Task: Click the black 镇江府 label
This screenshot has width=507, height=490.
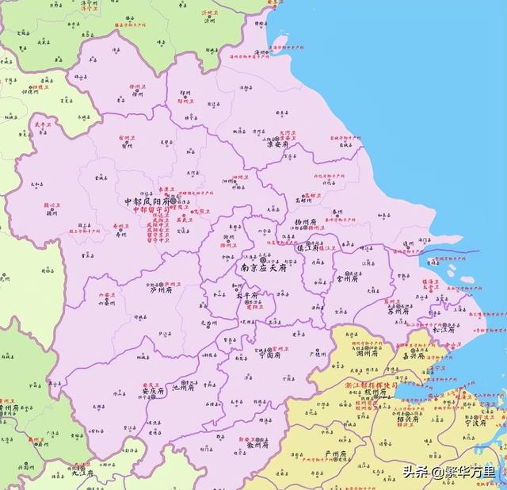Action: (x=307, y=247)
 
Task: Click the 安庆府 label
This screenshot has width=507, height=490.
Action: (x=151, y=391)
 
